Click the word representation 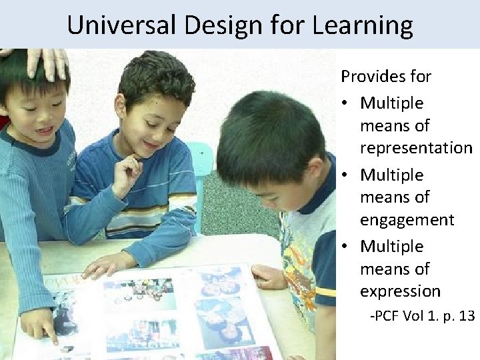click(x=416, y=147)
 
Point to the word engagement click(x=407, y=219)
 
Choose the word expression click(x=400, y=291)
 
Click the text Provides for click(x=385, y=77)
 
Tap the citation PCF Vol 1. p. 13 click(x=422, y=315)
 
